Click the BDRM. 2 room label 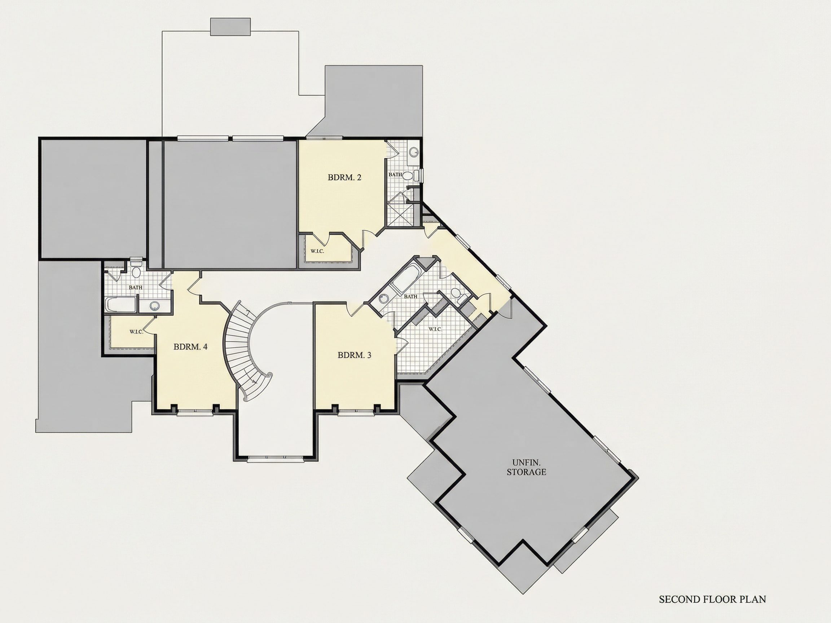(344, 177)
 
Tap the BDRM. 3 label (354, 355)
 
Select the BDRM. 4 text (190, 346)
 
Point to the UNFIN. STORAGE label (526, 467)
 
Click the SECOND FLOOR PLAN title (712, 599)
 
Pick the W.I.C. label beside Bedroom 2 (317, 251)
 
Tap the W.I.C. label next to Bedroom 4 (136, 332)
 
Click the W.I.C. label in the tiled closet (435, 329)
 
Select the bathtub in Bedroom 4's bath (120, 305)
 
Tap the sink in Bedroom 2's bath (414, 153)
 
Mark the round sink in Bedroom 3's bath (383, 299)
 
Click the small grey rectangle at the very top (230, 27)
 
